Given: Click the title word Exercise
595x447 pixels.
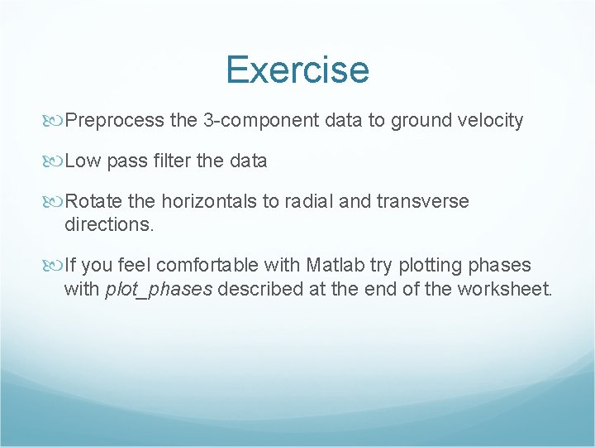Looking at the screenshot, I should pyautogui.click(x=297, y=70).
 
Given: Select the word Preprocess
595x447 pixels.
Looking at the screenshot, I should pyautogui.click(x=115, y=121).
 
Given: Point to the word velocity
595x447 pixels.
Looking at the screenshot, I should pyautogui.click(x=488, y=121).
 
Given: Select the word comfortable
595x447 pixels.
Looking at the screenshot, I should pyautogui.click(x=207, y=265).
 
